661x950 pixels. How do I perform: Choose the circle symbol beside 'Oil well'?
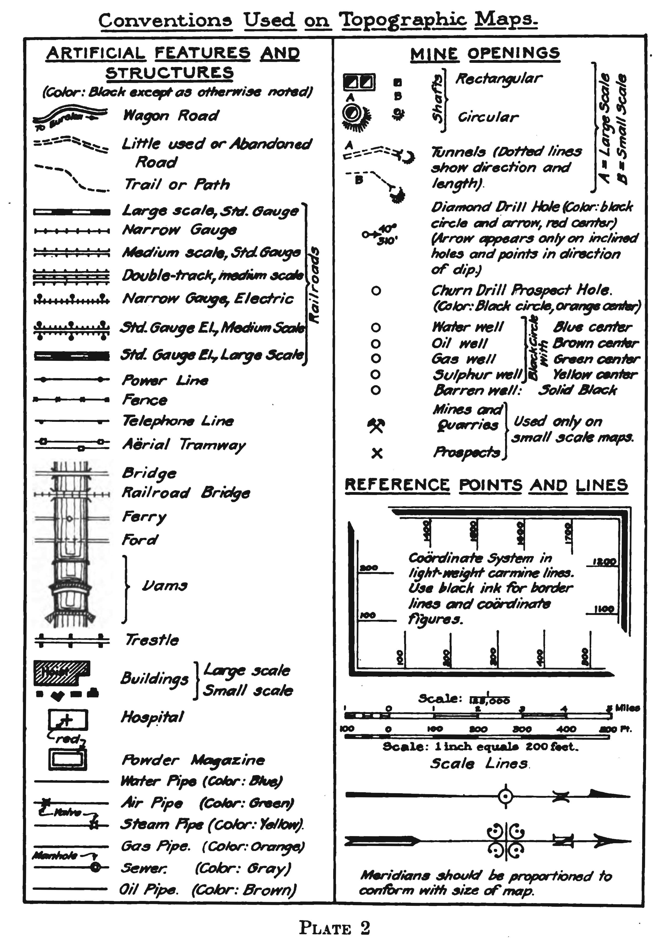[376, 343]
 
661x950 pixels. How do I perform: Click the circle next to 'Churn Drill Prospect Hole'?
[376, 291]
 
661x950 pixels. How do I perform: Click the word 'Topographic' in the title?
[402, 20]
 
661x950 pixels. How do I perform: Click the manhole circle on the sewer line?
[95, 867]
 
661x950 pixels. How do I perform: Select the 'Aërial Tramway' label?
[184, 445]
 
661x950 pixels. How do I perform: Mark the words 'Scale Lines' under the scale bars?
[479, 763]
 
